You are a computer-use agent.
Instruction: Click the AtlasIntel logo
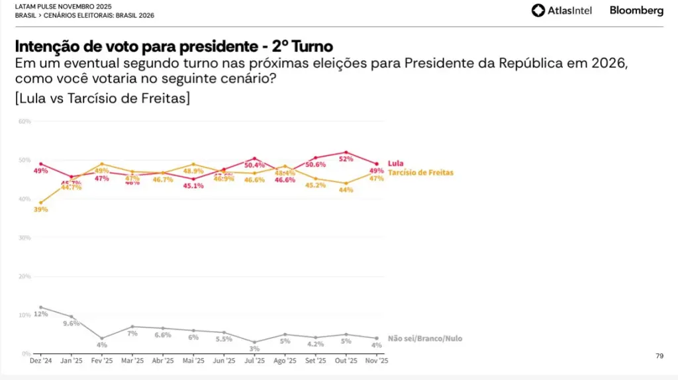pyautogui.click(x=561, y=11)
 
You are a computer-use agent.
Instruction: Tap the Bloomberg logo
pyautogui.click(x=636, y=11)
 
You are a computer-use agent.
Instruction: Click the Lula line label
pyautogui.click(x=395, y=163)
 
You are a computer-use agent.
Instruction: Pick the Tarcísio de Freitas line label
pyautogui.click(x=420, y=172)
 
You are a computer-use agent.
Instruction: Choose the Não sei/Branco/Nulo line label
pyautogui.click(x=424, y=338)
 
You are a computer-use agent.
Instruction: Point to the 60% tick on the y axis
pyautogui.click(x=24, y=121)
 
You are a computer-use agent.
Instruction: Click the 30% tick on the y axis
pyautogui.click(x=24, y=237)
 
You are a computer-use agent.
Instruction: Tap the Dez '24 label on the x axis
pyautogui.click(x=41, y=361)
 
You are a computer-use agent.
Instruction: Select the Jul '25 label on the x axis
pyautogui.click(x=254, y=361)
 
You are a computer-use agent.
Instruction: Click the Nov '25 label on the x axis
pyautogui.click(x=377, y=361)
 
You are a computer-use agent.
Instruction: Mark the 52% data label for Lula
pyautogui.click(x=346, y=159)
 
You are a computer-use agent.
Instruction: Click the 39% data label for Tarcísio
pyautogui.click(x=40, y=209)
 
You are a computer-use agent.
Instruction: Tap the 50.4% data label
pyautogui.click(x=255, y=165)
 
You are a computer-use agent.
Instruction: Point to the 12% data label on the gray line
pyautogui.click(x=40, y=314)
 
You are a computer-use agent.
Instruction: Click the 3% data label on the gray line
pyautogui.click(x=254, y=349)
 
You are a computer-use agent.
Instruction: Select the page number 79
pyautogui.click(x=659, y=356)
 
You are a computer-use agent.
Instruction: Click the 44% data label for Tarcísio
pyautogui.click(x=346, y=189)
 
